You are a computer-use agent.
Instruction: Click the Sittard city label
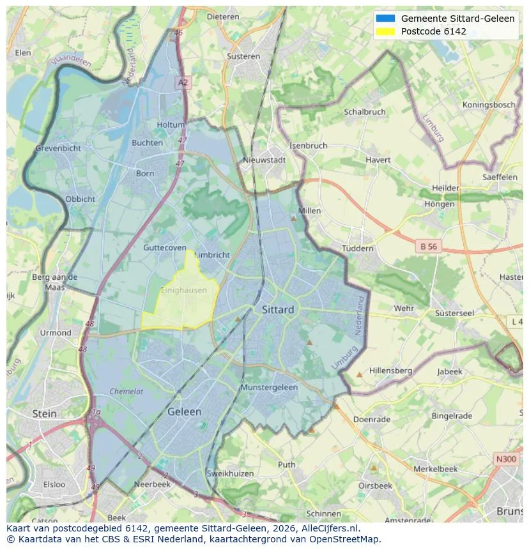[278, 310]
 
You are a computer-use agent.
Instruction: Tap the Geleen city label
[184, 412]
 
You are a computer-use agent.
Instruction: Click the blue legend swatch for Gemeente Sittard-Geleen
[386, 19]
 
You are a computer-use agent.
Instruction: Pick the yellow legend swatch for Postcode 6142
[386, 31]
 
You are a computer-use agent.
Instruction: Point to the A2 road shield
[183, 82]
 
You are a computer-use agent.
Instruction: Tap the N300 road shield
[507, 459]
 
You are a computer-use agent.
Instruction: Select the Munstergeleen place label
[269, 388]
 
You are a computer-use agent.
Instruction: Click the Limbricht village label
[211, 255]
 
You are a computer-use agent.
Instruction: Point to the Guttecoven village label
[165, 248]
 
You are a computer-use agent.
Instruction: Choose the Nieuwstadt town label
[264, 160]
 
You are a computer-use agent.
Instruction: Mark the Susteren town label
[243, 56]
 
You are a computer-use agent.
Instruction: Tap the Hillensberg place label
[390, 370]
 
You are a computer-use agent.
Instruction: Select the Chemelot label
[126, 392]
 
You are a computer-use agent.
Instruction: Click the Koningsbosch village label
[489, 105]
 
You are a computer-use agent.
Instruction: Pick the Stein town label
[44, 414]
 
